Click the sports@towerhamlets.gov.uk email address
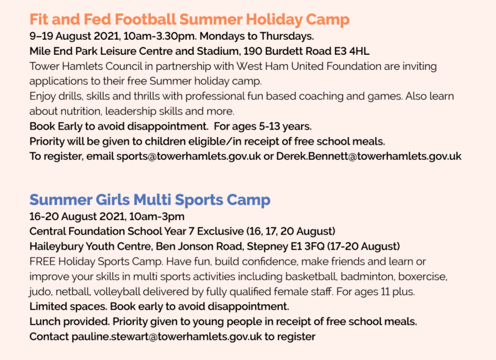point(189,156)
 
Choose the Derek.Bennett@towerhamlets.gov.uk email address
point(369,156)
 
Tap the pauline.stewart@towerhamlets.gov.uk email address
point(167,336)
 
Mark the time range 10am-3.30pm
point(160,36)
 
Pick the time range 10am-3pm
point(157,217)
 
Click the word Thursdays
point(287,36)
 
